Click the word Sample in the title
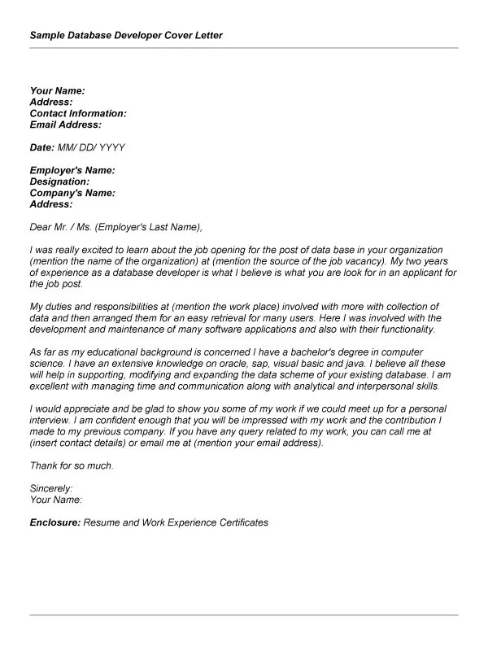(x=48, y=36)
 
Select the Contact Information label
(x=78, y=114)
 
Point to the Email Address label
(x=66, y=125)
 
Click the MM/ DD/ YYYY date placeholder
(x=91, y=147)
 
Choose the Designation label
(x=59, y=181)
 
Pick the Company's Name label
(x=72, y=193)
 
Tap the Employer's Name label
(x=72, y=170)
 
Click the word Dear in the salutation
(x=41, y=227)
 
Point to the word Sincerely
(x=51, y=488)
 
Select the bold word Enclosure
(x=54, y=522)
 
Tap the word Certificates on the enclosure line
(x=237, y=522)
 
